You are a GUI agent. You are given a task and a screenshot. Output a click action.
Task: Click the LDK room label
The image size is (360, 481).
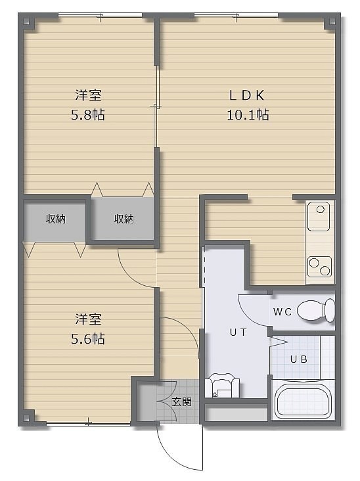pos(247,95)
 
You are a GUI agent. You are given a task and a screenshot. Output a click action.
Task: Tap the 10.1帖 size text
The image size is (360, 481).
pos(248,115)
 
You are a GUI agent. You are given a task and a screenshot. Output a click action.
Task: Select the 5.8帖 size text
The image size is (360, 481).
pos(88,115)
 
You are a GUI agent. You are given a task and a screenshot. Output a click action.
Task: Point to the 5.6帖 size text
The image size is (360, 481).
pos(88,339)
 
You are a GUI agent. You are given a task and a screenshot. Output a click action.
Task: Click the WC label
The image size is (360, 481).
pos(282,312)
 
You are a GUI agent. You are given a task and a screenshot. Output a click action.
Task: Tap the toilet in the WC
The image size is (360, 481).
pos(317,310)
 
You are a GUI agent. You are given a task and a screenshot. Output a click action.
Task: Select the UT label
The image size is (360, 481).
pos(238,332)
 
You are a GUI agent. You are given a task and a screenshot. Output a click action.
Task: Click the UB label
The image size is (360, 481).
pos(299,359)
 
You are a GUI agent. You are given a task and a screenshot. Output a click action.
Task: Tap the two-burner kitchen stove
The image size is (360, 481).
pos(320,266)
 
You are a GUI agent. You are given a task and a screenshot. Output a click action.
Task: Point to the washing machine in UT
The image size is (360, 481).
pos(222,385)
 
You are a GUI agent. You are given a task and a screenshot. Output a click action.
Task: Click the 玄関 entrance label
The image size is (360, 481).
pos(182,402)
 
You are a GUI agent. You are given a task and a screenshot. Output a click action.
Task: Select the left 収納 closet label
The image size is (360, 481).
pos(55,219)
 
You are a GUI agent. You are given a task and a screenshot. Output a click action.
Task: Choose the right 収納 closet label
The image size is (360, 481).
pos(124,219)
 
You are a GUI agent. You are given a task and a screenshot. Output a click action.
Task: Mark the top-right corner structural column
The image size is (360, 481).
pos(332,22)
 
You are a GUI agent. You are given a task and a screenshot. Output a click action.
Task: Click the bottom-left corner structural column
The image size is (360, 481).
pos(26,418)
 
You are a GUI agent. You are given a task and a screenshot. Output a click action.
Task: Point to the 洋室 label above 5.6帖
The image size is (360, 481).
pos(88,319)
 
